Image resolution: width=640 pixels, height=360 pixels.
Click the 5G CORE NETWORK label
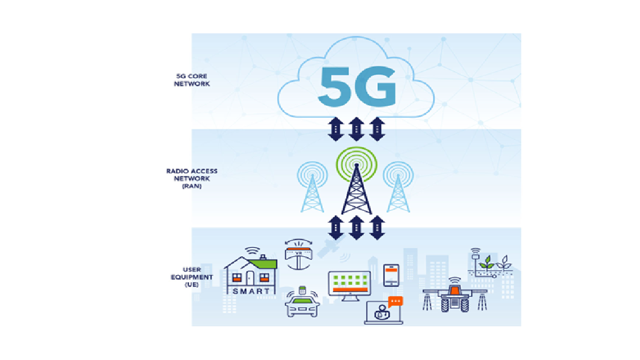(x=192, y=80)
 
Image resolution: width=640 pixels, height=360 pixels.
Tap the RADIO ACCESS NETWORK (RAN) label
(x=192, y=178)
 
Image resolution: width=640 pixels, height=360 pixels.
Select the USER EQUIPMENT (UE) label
(x=192, y=277)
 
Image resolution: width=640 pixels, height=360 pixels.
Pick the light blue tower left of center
(x=312, y=192)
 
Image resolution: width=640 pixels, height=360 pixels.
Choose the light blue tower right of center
(x=398, y=192)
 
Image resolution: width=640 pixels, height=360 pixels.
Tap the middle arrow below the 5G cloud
(x=356, y=129)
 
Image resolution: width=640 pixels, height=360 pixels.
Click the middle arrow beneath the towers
(x=356, y=227)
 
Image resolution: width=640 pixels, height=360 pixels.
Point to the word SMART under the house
(x=251, y=291)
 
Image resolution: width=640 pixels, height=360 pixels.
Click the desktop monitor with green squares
(x=350, y=286)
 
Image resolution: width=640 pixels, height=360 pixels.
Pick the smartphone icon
(x=391, y=275)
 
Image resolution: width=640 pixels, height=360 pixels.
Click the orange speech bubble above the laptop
(x=395, y=301)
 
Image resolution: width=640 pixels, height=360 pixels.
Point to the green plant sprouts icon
(x=495, y=262)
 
